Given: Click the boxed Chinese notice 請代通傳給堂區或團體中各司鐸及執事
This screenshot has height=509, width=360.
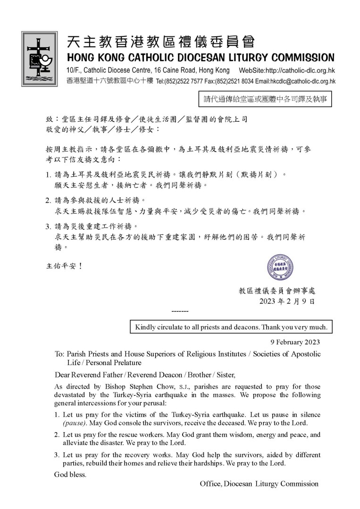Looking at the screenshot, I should [x=265, y=100].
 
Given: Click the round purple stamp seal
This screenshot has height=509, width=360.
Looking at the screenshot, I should [x=281, y=267].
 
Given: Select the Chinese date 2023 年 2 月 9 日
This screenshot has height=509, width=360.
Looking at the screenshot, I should [x=287, y=301].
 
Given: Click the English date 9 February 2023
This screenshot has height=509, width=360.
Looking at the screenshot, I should [x=295, y=342].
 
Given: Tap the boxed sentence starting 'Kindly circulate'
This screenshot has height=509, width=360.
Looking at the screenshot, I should [x=231, y=327].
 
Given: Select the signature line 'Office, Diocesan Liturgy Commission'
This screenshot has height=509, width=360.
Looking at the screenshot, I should [x=259, y=484].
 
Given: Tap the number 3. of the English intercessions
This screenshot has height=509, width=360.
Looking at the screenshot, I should [x=57, y=455].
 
